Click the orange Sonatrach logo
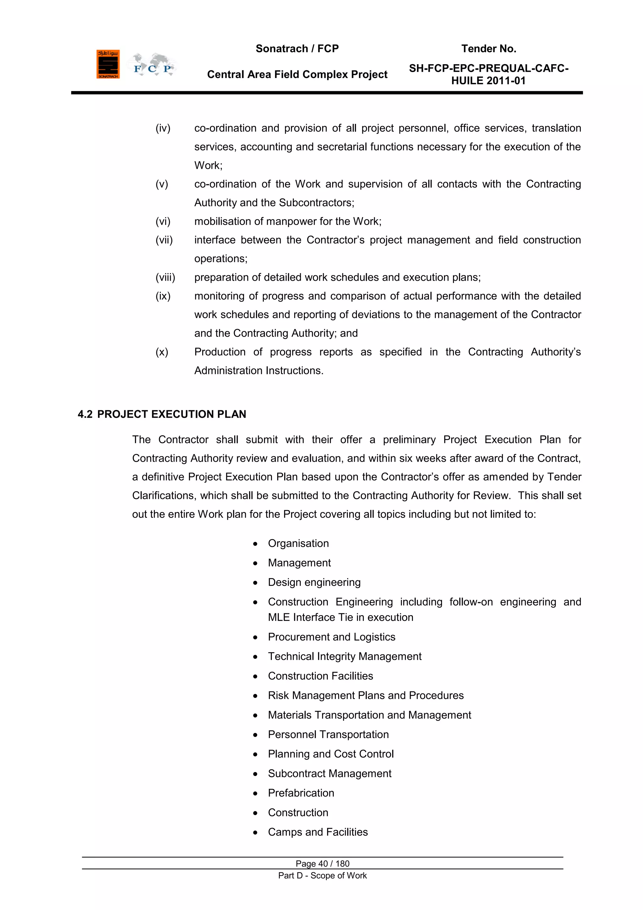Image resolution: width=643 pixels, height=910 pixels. point(108,64)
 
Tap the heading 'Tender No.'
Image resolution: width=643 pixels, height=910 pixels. point(489,49)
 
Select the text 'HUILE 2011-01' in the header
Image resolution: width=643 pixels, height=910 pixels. point(489,81)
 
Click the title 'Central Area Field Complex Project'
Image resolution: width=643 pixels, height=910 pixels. point(297,74)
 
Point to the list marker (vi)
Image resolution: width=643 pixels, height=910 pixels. point(163,221)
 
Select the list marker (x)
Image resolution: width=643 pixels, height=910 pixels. point(162,352)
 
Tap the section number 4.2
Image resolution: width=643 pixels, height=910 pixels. point(85,414)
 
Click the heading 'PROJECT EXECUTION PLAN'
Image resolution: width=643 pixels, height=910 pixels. point(171,414)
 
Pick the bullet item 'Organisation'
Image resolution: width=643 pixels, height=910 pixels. point(298,543)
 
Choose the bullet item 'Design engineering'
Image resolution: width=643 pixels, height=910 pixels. point(314,582)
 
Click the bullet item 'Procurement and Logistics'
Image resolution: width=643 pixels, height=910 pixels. point(332,637)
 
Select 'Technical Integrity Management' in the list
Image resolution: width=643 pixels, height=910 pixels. point(344,656)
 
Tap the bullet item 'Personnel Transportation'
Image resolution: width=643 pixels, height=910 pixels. point(328,734)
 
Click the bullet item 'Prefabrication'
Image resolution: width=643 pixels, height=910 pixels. point(301,793)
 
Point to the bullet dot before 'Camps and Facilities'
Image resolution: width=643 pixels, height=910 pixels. point(255,832)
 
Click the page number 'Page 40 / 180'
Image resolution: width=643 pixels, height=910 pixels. point(322,863)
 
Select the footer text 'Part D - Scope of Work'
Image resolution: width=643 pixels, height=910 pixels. point(322,875)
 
